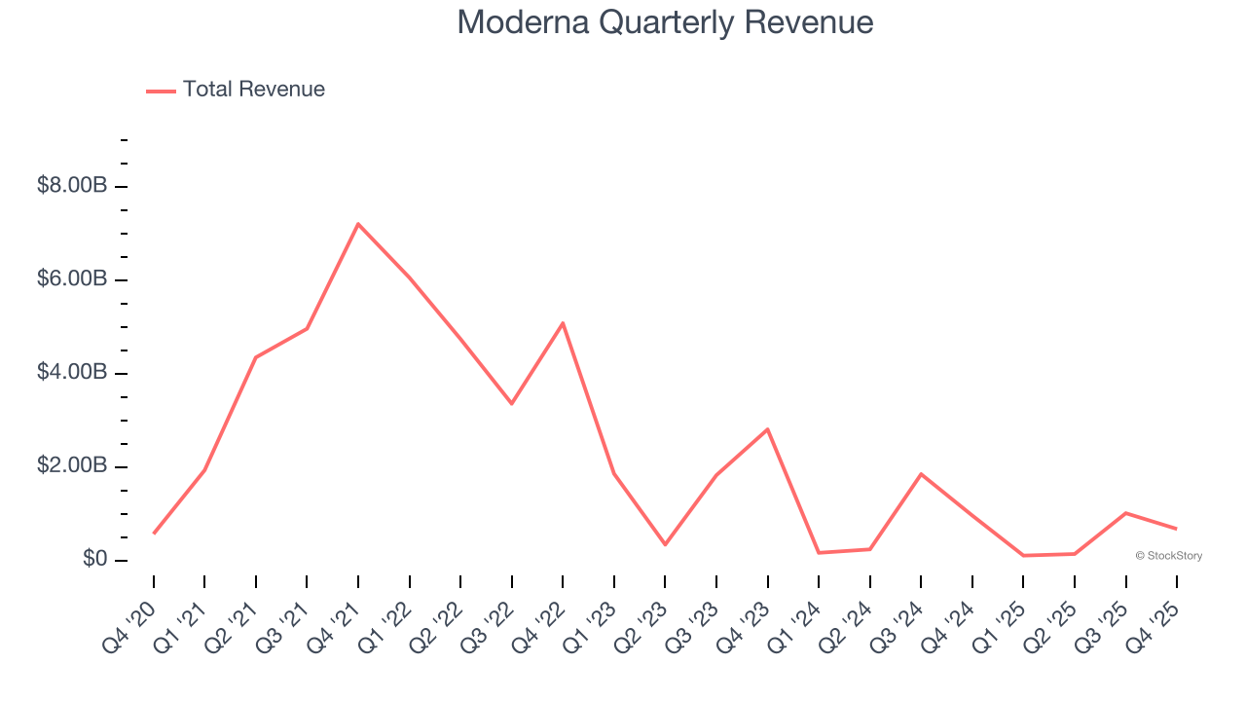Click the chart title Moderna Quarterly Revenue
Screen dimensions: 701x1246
pyautogui.click(x=665, y=22)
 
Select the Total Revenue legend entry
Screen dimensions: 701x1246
pyautogui.click(x=236, y=90)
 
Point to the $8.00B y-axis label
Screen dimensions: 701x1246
pyautogui.click(x=72, y=185)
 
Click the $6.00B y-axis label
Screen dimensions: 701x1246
pyautogui.click(x=72, y=278)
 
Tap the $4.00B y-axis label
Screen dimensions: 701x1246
pyautogui.click(x=72, y=372)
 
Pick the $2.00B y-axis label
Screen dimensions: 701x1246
pyautogui.click(x=72, y=465)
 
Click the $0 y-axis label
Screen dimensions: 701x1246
pyautogui.click(x=94, y=559)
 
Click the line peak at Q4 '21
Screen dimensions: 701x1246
pyautogui.click(x=358, y=224)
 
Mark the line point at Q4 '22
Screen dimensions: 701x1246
pyautogui.click(x=563, y=323)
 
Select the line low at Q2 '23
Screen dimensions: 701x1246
pyautogui.click(x=665, y=544)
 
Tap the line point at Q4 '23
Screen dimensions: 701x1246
pyautogui.click(x=768, y=429)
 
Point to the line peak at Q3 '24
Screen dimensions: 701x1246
pyautogui.click(x=921, y=474)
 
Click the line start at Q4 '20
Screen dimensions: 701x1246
pyautogui.click(x=154, y=534)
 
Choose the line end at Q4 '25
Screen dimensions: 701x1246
pyautogui.click(x=1177, y=529)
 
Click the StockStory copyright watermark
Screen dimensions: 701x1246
pyautogui.click(x=1168, y=556)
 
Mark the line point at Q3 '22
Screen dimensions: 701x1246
pyautogui.click(x=512, y=403)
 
